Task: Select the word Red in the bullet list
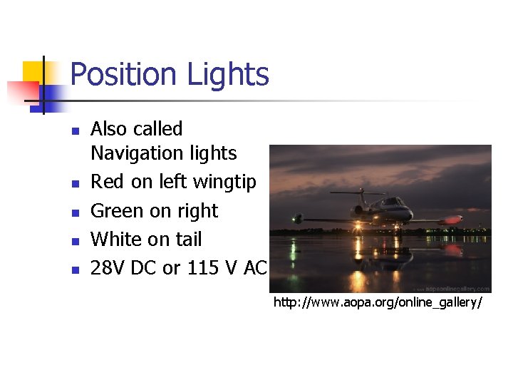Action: click(x=108, y=183)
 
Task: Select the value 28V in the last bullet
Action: click(x=108, y=268)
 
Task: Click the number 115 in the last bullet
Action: click(x=202, y=268)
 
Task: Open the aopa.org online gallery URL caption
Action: click(x=378, y=303)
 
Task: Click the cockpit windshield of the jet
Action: click(x=390, y=203)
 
